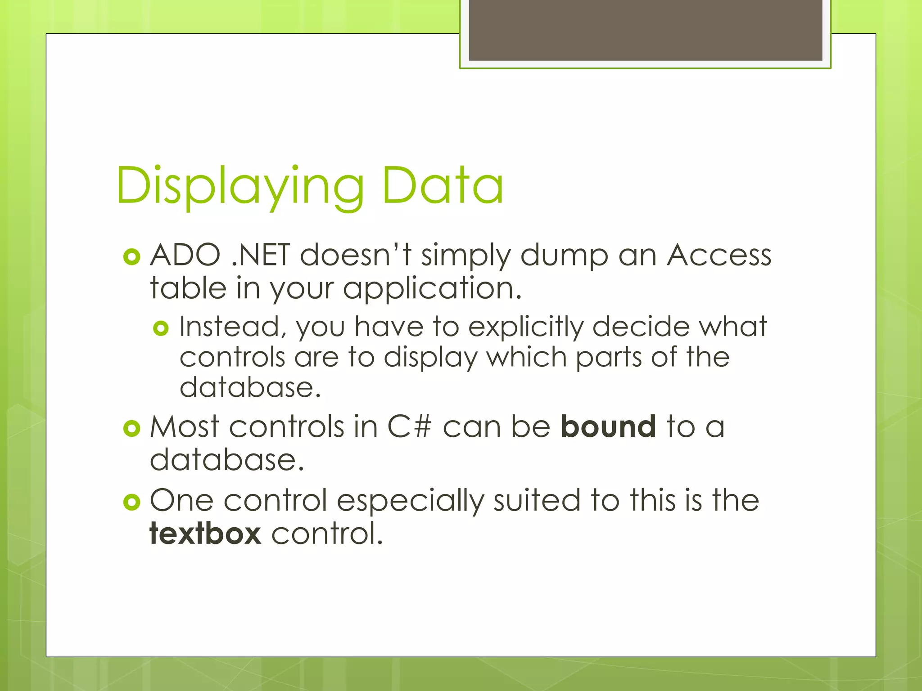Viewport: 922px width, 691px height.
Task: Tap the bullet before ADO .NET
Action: pyautogui.click(x=131, y=257)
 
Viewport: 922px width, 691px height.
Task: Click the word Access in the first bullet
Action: pyautogui.click(x=719, y=255)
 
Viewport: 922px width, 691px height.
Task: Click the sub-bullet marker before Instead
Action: pyautogui.click(x=161, y=328)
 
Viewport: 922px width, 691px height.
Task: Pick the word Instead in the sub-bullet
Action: pyautogui.click(x=233, y=327)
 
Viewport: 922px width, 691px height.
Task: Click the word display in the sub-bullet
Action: pyautogui.click(x=430, y=358)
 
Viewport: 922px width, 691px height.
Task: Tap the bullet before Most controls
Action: pyautogui.click(x=131, y=428)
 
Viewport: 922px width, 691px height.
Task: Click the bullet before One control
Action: pyautogui.click(x=131, y=502)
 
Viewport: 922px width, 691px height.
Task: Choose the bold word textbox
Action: pyautogui.click(x=205, y=534)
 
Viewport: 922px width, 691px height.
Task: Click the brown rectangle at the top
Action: pyautogui.click(x=645, y=30)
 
